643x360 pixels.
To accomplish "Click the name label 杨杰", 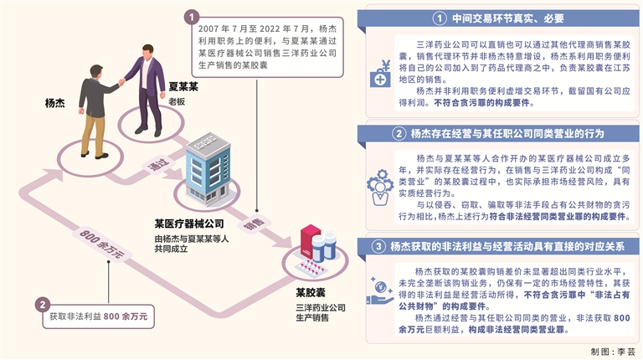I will click(x=55, y=104).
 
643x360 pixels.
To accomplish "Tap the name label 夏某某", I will click(x=183, y=86).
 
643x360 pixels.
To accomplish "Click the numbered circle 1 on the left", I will click(x=192, y=16).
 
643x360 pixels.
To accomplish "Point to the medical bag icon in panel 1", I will click(x=380, y=78).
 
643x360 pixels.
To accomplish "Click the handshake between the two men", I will click(x=123, y=81).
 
